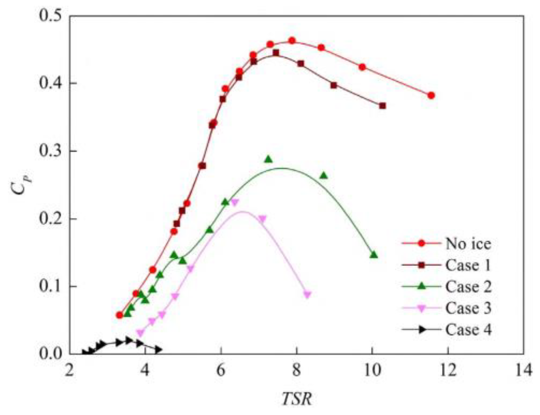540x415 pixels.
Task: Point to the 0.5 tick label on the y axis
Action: (50, 16)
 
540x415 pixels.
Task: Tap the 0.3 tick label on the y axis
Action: (50, 151)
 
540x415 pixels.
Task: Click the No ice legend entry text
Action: (468, 244)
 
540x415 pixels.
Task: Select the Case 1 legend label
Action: (468, 265)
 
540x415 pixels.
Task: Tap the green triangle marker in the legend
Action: (422, 286)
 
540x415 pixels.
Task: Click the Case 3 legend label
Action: (468, 308)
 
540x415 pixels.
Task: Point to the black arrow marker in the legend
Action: (422, 330)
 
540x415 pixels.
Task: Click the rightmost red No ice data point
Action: (431, 95)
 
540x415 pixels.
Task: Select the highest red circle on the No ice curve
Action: (292, 41)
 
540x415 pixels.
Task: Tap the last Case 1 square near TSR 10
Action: (382, 106)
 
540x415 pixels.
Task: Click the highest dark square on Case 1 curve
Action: (276, 53)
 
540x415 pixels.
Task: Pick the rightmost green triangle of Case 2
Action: (374, 255)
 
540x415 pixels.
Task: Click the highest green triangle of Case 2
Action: (269, 159)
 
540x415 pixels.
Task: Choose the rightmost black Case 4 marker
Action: (158, 350)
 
